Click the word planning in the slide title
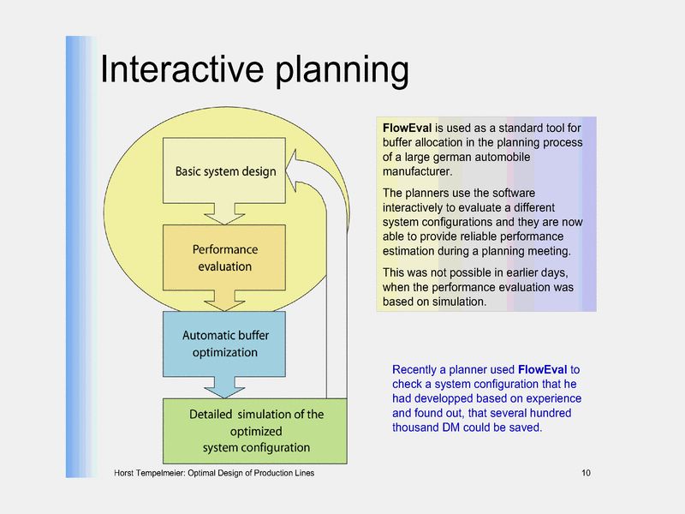tap(342, 71)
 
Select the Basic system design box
tap(225, 170)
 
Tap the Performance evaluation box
tap(224, 257)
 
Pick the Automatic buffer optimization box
tap(224, 344)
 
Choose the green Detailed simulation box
tap(256, 431)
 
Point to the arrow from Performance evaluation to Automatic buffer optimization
tap(225, 300)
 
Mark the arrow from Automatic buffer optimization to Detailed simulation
tap(225, 388)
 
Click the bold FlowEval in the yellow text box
tap(407, 128)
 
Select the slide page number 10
tap(586, 474)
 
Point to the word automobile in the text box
tap(506, 158)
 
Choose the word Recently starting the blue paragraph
tap(417, 369)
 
